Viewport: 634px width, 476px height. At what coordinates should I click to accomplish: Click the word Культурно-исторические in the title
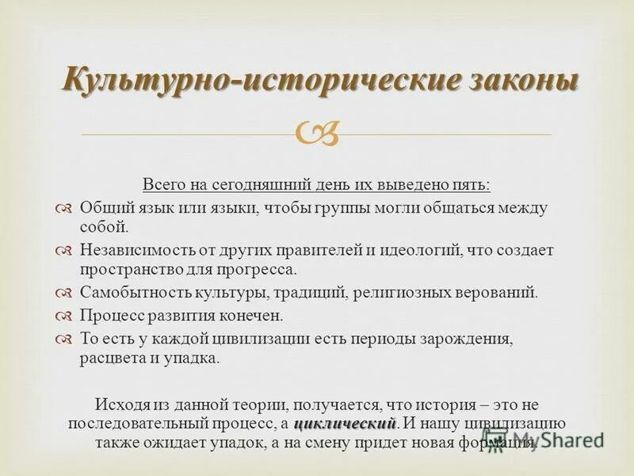(x=237, y=82)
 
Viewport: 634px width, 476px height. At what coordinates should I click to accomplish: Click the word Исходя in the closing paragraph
(x=120, y=403)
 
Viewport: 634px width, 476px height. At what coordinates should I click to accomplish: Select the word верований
(x=494, y=292)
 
